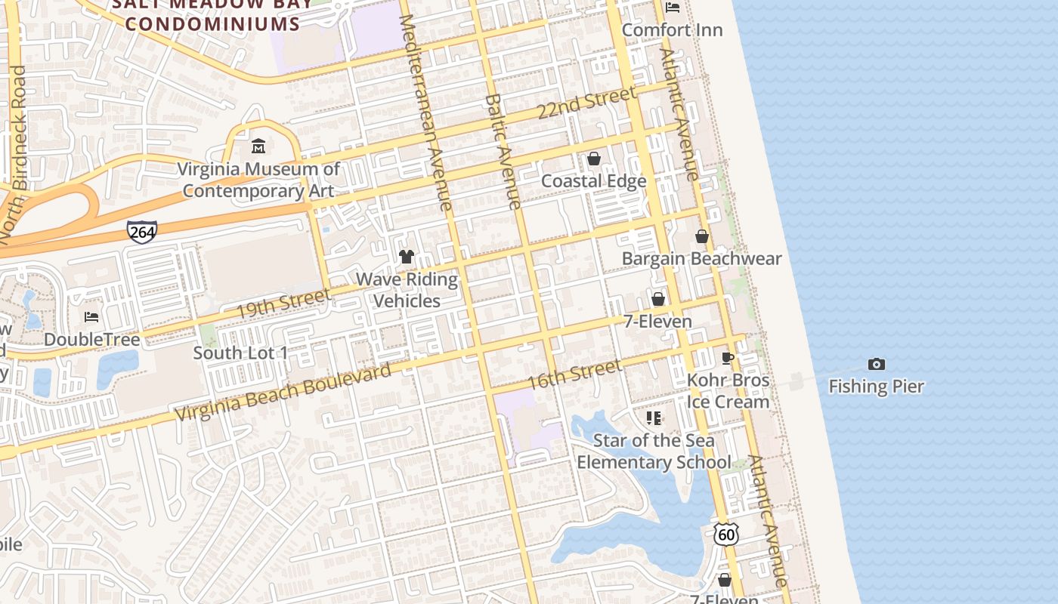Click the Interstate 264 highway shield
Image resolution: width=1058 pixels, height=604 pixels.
tap(142, 232)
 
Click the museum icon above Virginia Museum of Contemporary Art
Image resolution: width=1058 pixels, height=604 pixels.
tap(258, 145)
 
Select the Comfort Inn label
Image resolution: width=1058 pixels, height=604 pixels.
tap(672, 30)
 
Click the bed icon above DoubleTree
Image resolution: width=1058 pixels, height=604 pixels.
tap(91, 317)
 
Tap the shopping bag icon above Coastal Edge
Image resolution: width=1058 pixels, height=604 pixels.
tap(594, 159)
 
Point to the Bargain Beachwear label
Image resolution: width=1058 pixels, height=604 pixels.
tap(701, 259)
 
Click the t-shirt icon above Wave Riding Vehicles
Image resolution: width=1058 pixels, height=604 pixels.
tap(407, 257)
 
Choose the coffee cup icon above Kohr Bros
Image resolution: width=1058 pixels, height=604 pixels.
tap(728, 359)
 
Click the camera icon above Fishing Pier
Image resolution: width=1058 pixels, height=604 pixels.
tap(876, 365)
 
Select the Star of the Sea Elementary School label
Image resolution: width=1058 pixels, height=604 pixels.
tap(654, 451)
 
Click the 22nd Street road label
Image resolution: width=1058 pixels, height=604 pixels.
tap(586, 103)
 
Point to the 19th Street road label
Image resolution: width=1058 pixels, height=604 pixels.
tap(283, 304)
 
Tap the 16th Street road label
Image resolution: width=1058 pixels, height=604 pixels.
tap(574, 374)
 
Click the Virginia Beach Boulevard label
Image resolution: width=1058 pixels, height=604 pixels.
tap(284, 392)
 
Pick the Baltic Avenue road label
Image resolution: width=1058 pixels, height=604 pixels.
tap(503, 151)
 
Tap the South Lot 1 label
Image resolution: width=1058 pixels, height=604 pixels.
tap(240, 353)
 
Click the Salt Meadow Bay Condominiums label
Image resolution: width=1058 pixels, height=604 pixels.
tap(212, 15)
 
